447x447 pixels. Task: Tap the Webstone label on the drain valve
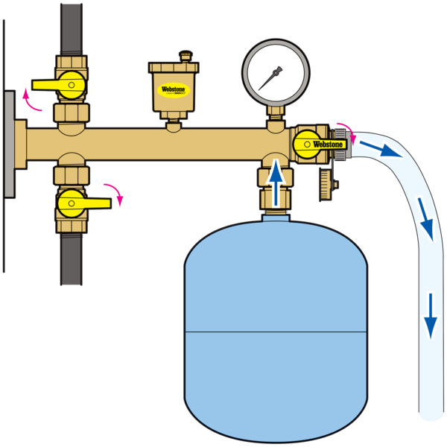(327, 143)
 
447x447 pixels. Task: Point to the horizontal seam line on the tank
(276, 331)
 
